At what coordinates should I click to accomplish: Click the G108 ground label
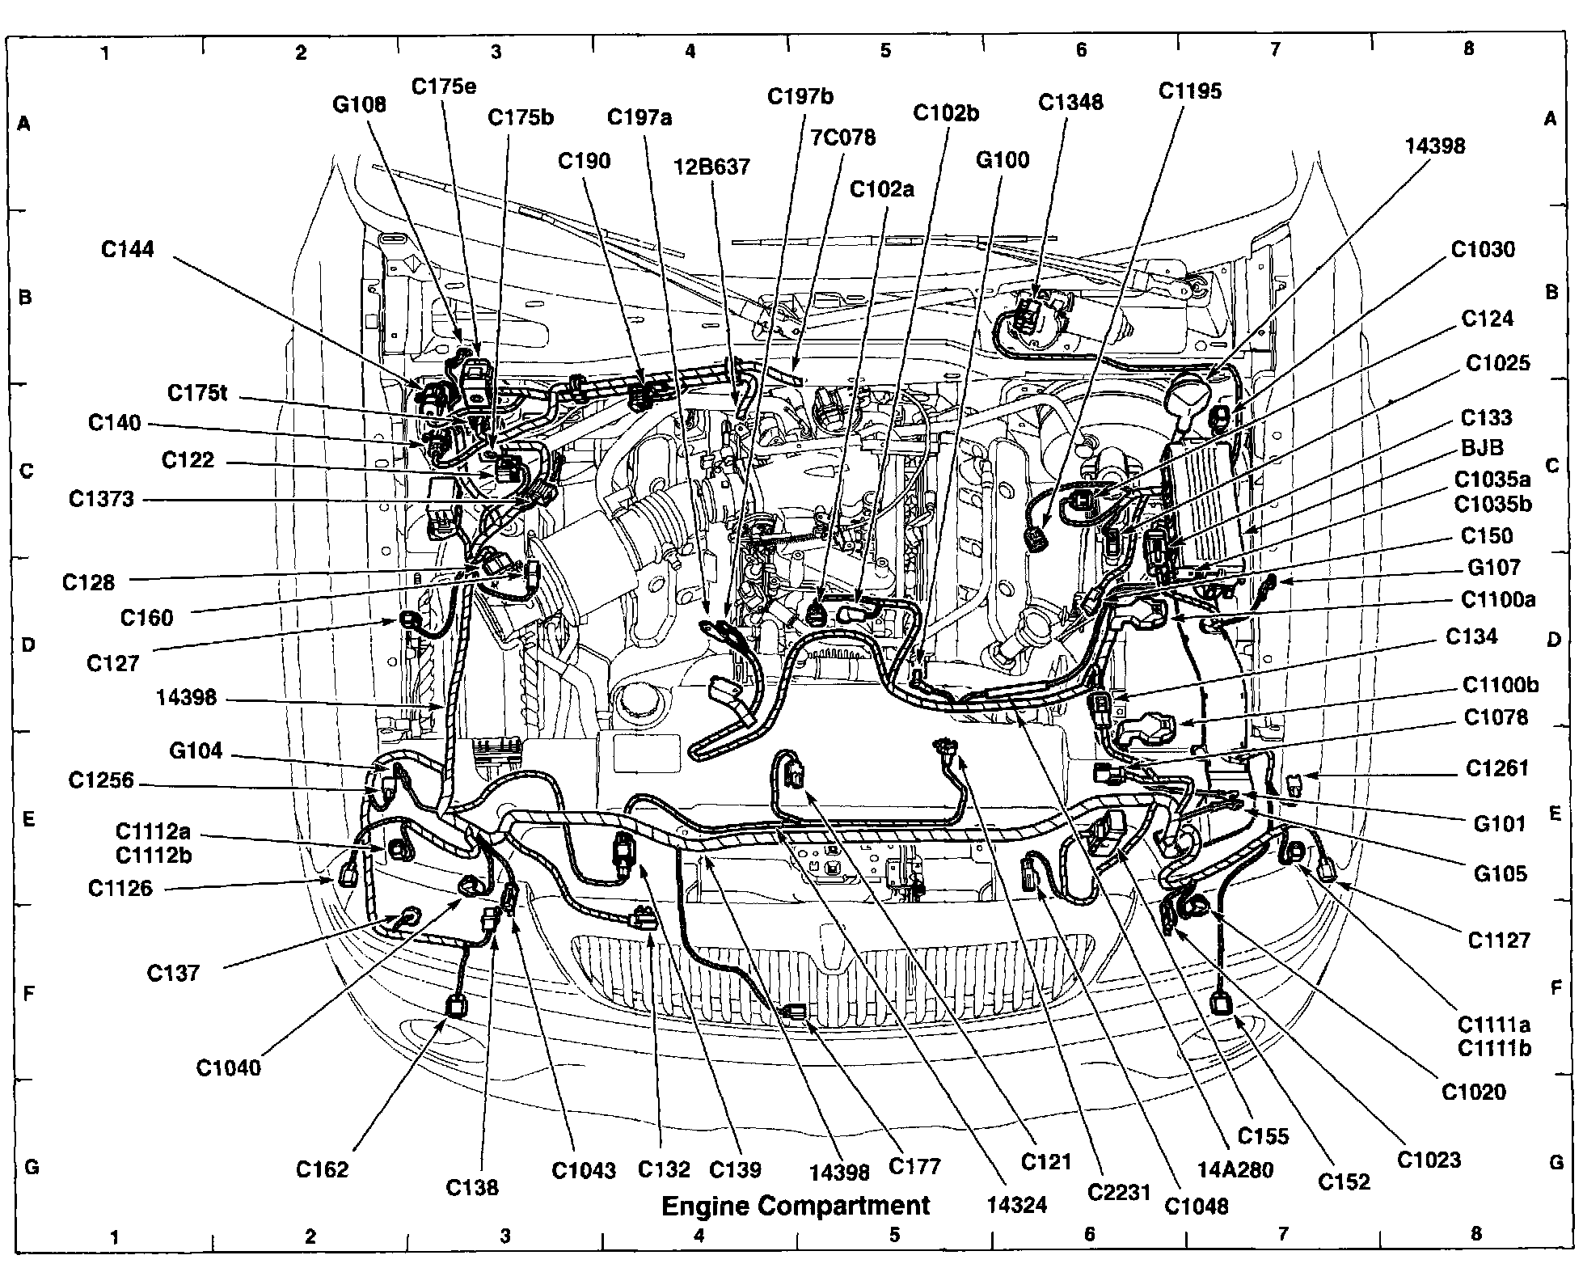click(359, 104)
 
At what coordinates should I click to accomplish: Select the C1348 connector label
click(1070, 103)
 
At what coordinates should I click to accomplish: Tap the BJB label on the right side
click(1482, 448)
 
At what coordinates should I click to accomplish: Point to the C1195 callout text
click(1189, 91)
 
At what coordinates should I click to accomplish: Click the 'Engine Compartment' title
click(796, 1206)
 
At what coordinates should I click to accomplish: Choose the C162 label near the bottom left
click(322, 1169)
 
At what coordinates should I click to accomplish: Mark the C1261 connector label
click(1497, 767)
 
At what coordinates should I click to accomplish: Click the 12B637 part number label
click(712, 167)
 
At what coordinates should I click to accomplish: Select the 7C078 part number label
click(842, 137)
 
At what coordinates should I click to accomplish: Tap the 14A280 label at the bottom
click(1235, 1169)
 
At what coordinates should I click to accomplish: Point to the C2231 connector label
click(1119, 1193)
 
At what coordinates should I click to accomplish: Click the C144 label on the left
click(128, 249)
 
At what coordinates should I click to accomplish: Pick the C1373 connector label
click(101, 499)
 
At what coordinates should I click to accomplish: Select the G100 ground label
click(1003, 159)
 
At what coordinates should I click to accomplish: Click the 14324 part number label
click(1016, 1205)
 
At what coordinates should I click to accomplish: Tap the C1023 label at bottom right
click(1429, 1160)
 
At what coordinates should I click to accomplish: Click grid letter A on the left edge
click(24, 124)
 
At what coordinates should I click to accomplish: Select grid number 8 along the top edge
click(1468, 49)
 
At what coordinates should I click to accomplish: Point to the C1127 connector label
click(1498, 940)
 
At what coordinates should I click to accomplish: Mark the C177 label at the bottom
click(914, 1166)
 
